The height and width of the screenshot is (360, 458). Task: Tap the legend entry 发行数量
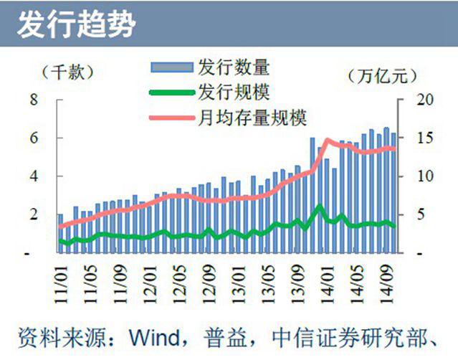pos(233,67)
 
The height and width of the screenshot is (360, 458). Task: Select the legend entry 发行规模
pos(233,91)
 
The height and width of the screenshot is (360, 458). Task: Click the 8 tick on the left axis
pos(34,99)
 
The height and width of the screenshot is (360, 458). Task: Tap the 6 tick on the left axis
pos(34,138)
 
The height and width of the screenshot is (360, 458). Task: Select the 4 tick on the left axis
pos(34,176)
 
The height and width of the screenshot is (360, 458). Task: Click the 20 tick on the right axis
pos(417,99)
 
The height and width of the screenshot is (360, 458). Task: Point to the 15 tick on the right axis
pos(417,138)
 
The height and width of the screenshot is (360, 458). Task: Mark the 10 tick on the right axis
pos(417,176)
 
